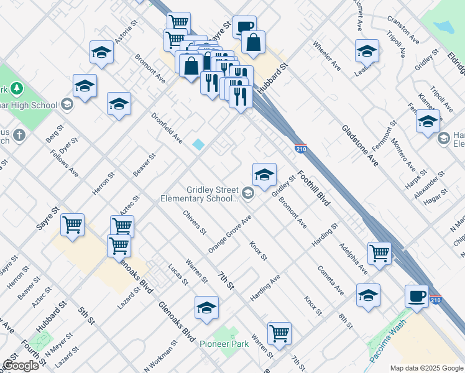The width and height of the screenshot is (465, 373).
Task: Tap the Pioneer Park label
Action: (x=223, y=343)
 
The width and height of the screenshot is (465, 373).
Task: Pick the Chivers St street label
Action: (x=195, y=223)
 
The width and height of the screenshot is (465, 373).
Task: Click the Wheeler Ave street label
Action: (x=327, y=55)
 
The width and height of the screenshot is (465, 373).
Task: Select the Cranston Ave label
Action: (x=403, y=29)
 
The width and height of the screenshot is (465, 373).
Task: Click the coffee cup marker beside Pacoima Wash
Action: (x=417, y=296)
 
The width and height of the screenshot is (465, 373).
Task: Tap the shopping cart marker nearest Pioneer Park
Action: (x=280, y=333)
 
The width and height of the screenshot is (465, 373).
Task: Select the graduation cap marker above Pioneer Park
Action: (x=207, y=308)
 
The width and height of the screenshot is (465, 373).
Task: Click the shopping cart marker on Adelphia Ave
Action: (x=379, y=253)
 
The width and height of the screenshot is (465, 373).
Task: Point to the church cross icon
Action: (x=19, y=134)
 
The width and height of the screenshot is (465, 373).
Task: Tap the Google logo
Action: (x=21, y=366)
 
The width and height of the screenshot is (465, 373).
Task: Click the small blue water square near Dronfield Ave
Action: (x=198, y=144)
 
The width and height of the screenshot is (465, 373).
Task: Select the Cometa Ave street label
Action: (x=331, y=280)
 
